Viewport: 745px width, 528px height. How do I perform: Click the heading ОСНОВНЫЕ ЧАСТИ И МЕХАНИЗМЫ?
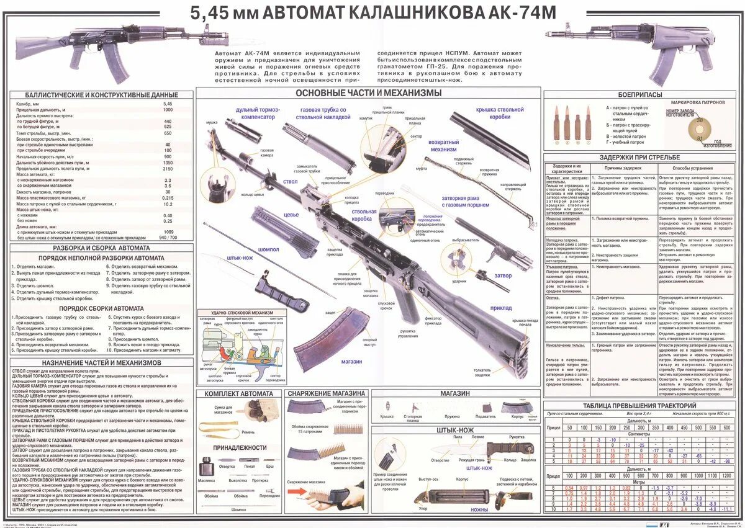tap(369, 93)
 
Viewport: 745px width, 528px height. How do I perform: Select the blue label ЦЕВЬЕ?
tap(292, 216)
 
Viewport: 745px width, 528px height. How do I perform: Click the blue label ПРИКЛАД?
tap(501, 308)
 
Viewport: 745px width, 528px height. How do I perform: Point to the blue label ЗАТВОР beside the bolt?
tap(503, 274)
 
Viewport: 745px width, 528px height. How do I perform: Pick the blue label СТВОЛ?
tap(291, 182)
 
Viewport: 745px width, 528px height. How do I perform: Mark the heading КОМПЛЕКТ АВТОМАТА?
tap(239, 393)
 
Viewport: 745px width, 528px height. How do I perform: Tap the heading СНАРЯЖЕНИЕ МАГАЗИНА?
tap(326, 393)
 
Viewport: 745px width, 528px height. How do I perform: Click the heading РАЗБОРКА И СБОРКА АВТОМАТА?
tap(101, 248)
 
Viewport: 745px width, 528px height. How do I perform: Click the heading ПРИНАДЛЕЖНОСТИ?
tap(239, 447)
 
